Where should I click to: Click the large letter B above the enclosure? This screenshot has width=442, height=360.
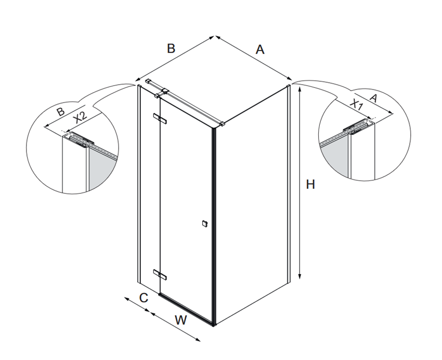tap(171, 48)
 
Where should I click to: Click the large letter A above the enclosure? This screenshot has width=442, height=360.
tap(260, 49)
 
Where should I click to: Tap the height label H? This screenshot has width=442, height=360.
tap(310, 185)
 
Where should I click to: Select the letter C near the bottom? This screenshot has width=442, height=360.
tap(144, 298)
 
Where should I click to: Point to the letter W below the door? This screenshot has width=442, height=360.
tap(180, 320)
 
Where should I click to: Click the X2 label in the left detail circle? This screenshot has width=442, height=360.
tap(80, 118)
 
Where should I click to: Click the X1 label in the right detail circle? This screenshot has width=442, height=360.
tap(356, 105)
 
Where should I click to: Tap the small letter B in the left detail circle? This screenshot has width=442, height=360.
tap(60, 112)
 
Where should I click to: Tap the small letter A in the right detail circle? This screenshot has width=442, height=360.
tap(373, 98)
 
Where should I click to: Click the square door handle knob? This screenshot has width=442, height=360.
tap(204, 224)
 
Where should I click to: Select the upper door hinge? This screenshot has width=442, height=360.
tap(160, 119)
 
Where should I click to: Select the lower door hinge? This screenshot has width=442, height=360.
tap(160, 274)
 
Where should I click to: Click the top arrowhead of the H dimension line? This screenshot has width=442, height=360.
tap(300, 89)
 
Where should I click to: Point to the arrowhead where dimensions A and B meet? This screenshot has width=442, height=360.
tap(215, 36)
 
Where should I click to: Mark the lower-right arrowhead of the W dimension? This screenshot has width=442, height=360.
tap(198, 340)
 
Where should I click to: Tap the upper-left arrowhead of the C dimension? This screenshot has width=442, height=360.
tap(126, 299)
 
